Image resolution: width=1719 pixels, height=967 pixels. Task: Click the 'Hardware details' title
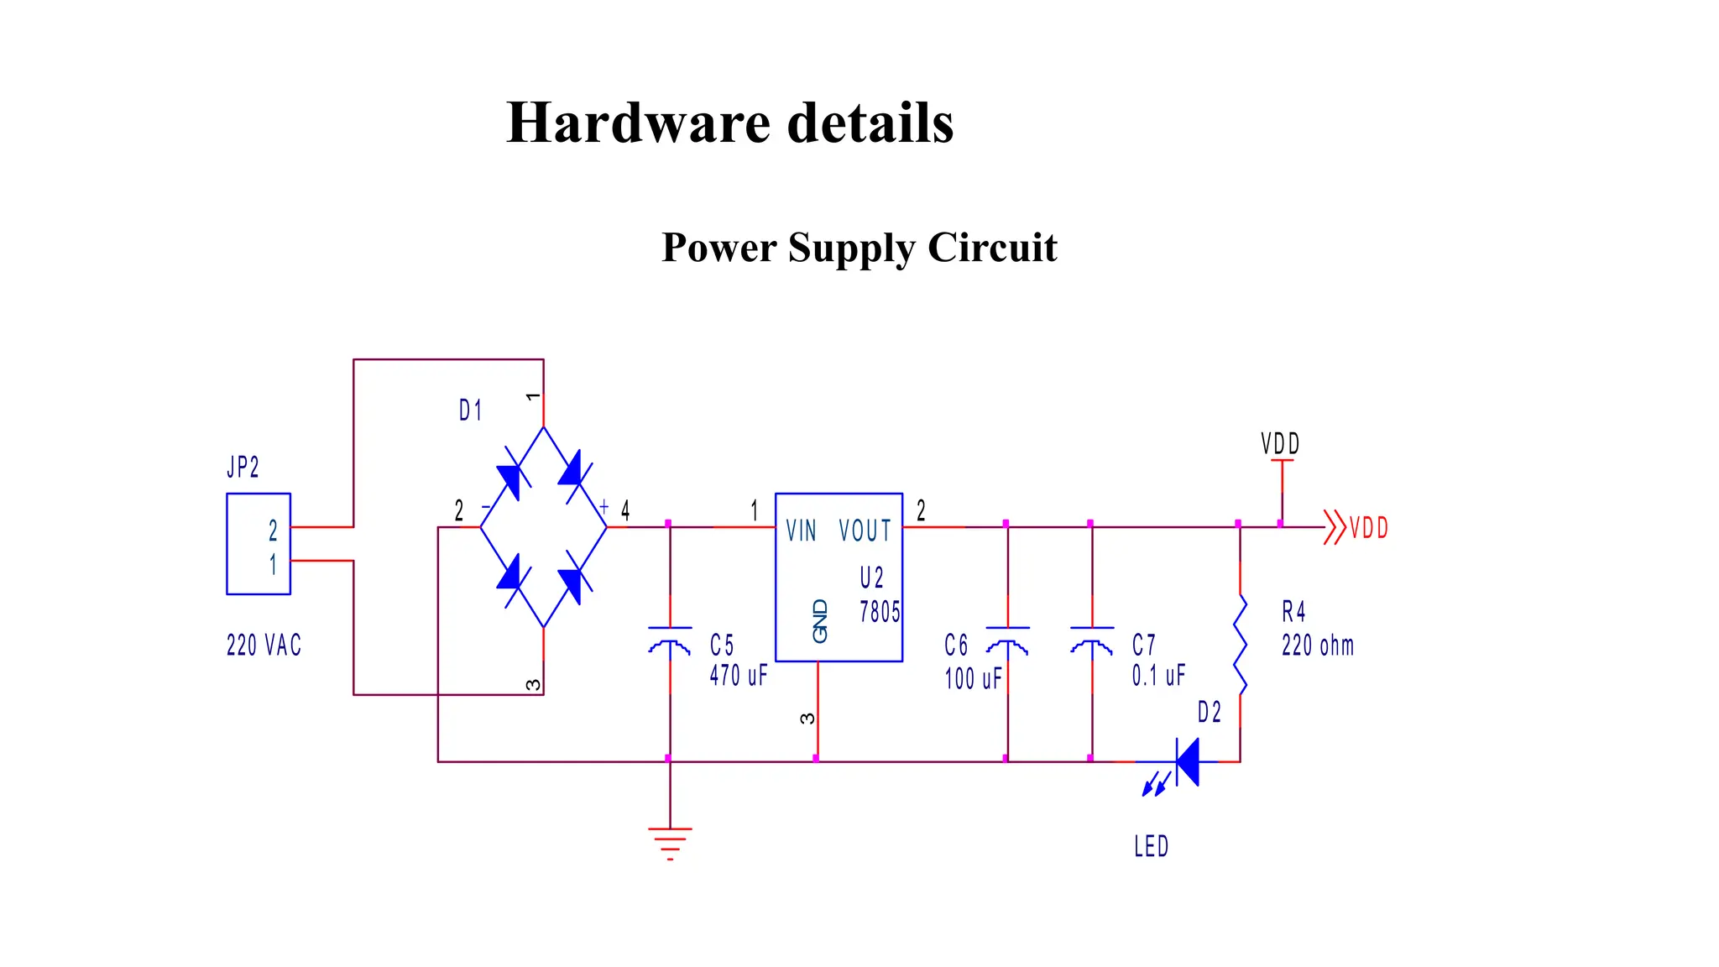pyautogui.click(x=729, y=123)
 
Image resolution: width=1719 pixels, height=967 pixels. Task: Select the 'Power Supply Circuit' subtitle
pyautogui.click(x=859, y=248)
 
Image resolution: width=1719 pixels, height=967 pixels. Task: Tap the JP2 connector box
pyautogui.click(x=259, y=544)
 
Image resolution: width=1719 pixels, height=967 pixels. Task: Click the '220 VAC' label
pyautogui.click(x=264, y=646)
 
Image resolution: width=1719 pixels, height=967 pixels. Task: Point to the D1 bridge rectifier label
pyautogui.click(x=470, y=410)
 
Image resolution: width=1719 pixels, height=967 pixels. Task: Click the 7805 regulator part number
pyautogui.click(x=879, y=612)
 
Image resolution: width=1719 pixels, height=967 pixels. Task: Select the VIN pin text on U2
pyautogui.click(x=801, y=531)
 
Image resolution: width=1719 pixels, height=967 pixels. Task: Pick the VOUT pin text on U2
pyautogui.click(x=865, y=531)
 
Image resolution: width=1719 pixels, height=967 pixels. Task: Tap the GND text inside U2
pyautogui.click(x=820, y=621)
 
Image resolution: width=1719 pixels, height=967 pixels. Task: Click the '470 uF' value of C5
pyautogui.click(x=739, y=676)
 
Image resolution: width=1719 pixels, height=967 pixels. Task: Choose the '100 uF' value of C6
pyautogui.click(x=973, y=678)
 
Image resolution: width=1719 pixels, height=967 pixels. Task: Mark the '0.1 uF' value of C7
pyautogui.click(x=1158, y=675)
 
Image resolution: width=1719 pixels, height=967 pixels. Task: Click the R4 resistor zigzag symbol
pyautogui.click(x=1240, y=645)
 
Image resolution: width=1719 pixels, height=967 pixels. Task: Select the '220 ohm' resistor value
pyautogui.click(x=1317, y=646)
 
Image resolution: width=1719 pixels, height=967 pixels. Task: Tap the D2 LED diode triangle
pyautogui.click(x=1187, y=762)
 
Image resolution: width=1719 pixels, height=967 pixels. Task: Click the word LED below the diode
pyautogui.click(x=1151, y=846)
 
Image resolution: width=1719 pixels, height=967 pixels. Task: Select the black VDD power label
pyautogui.click(x=1279, y=444)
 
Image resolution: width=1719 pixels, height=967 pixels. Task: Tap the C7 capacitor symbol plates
pyautogui.click(x=1092, y=638)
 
